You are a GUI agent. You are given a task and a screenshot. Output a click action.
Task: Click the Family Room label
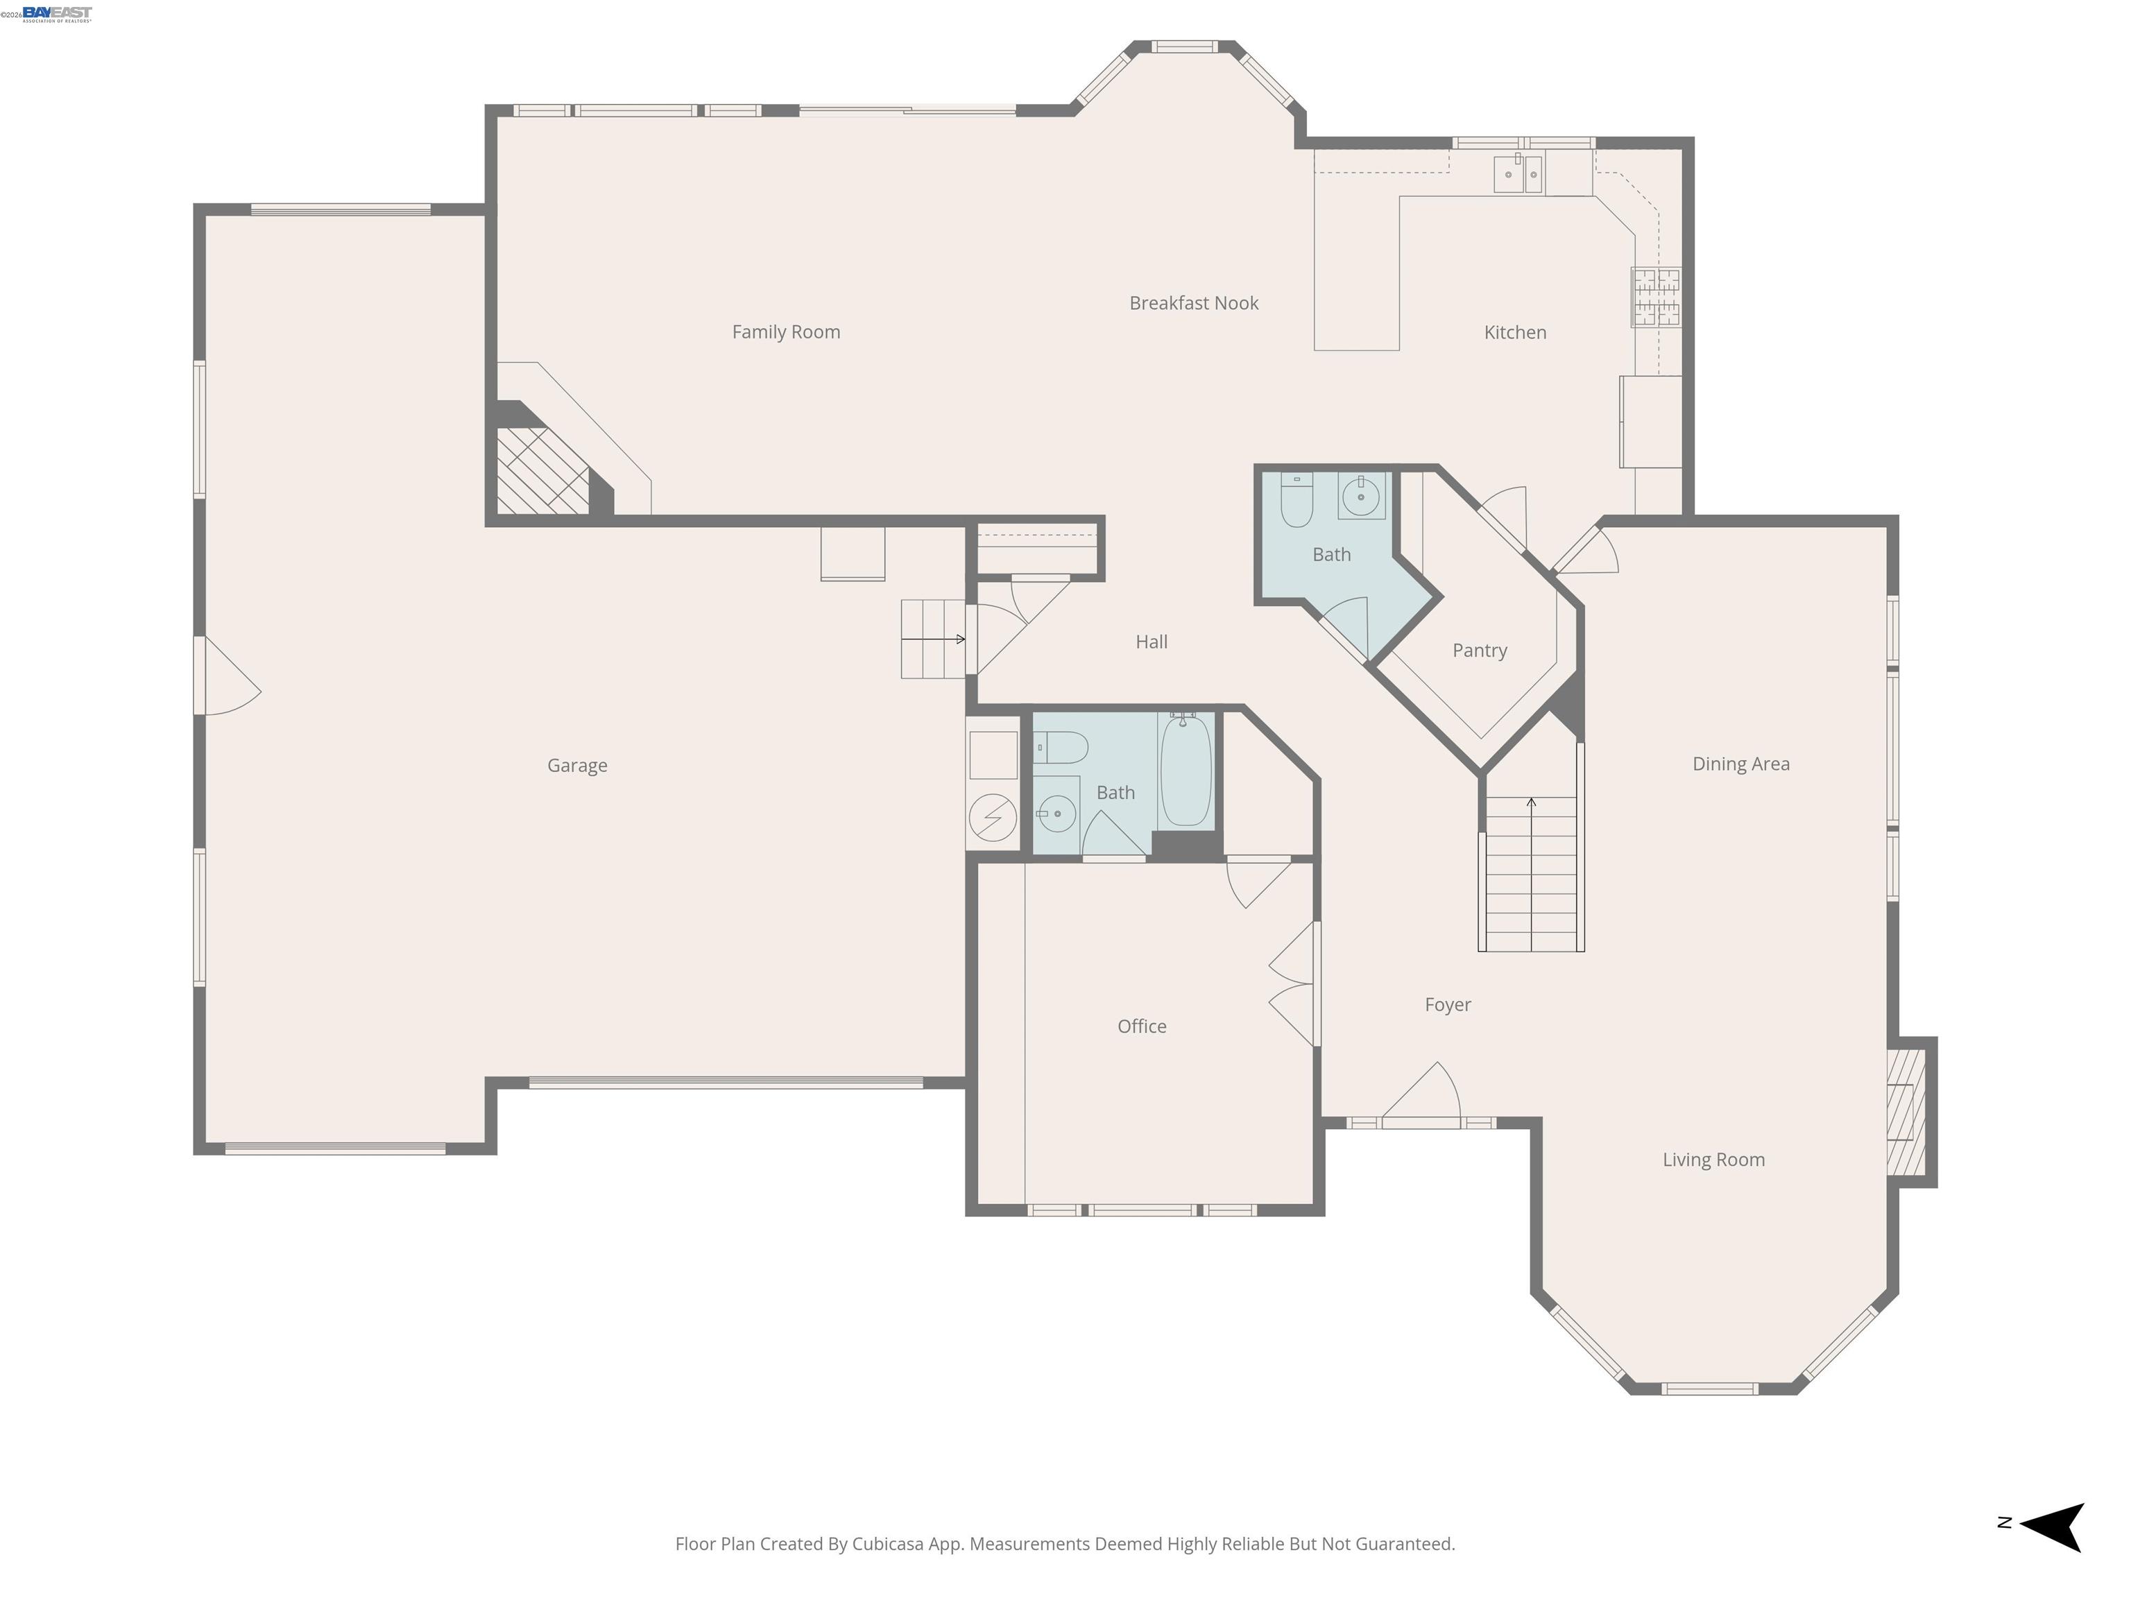tap(785, 332)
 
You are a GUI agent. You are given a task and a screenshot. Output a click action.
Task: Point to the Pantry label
tap(1479, 650)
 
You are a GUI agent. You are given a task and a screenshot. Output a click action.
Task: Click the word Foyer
tap(1447, 1005)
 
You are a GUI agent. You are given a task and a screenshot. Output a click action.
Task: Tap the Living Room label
tap(1713, 1160)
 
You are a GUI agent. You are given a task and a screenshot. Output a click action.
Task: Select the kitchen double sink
tap(1518, 174)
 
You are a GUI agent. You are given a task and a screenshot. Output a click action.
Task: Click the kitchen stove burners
tap(1655, 297)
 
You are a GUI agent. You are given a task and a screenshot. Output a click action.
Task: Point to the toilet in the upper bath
tap(1296, 500)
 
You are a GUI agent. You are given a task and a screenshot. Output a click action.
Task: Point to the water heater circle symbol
tap(991, 817)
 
